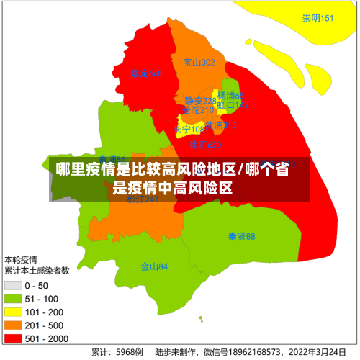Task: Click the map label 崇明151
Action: tap(318, 18)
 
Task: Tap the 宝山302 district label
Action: tap(199, 63)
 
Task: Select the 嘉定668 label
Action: tap(146, 74)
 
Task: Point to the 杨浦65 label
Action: tap(231, 96)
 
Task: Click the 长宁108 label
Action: tap(189, 130)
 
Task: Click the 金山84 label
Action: tap(153, 266)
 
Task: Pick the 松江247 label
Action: tap(143, 199)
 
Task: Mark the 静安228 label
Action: tap(199, 101)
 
